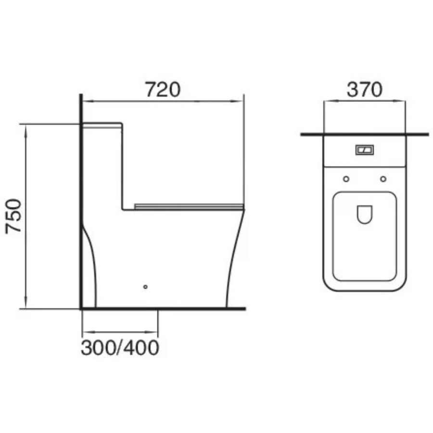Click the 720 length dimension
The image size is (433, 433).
163,89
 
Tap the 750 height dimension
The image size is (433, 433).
13,216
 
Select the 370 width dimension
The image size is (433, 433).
365,89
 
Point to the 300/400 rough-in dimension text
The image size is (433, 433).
120,347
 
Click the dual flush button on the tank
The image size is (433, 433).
364,150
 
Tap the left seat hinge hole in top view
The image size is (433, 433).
346,179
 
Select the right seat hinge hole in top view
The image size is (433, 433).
383,179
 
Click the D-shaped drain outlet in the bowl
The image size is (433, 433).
365,214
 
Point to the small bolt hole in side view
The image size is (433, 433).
145,287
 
